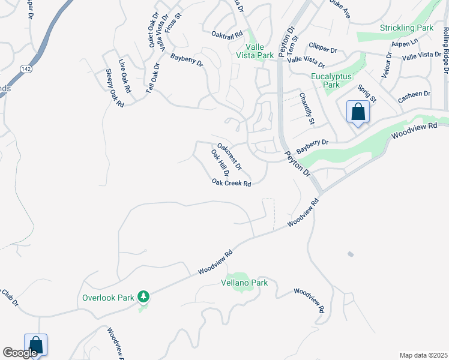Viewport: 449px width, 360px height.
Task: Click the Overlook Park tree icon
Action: pos(143,296)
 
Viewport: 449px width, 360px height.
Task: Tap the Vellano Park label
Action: pos(244,283)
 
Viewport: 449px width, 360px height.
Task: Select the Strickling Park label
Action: pos(406,28)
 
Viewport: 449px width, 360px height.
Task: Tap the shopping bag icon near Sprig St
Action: pos(358,112)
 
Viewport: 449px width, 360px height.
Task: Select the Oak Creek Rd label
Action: pos(231,183)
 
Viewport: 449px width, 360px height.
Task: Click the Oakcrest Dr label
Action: pos(229,155)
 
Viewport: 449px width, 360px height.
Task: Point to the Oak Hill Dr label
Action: pos(220,163)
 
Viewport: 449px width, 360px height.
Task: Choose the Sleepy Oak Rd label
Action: pos(115,88)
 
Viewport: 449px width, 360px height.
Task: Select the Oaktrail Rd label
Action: pos(226,35)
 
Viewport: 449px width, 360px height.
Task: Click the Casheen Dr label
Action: pos(415,95)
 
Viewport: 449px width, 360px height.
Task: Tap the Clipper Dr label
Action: pos(324,46)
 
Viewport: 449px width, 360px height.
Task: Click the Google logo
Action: pos(20,353)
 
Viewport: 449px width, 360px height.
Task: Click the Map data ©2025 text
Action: pos(423,355)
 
